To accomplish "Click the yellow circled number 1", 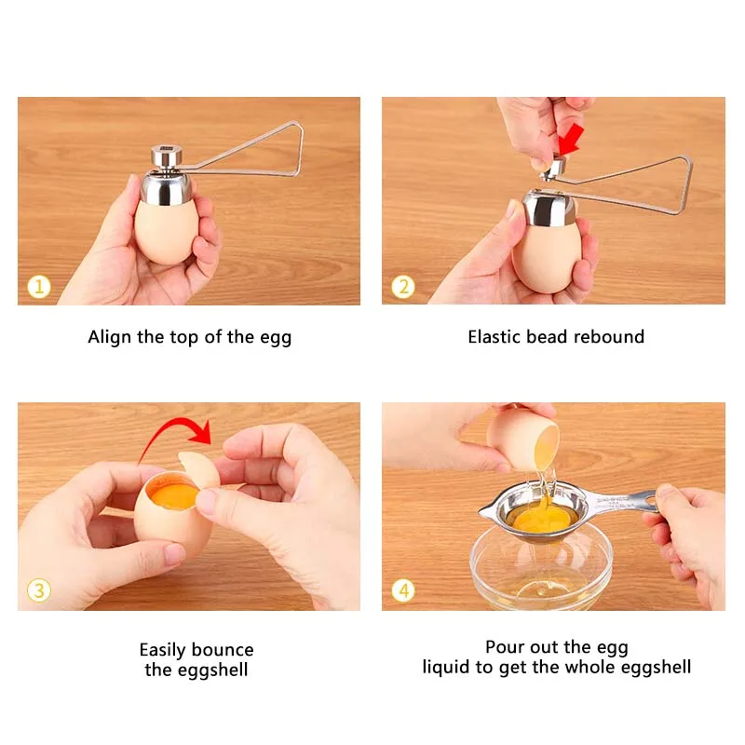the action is (39, 287).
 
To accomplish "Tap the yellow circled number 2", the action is (403, 287).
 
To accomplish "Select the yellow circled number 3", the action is (39, 590).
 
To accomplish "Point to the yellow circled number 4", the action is (403, 590).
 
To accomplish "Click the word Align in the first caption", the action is (110, 338).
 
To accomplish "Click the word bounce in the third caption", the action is (223, 649).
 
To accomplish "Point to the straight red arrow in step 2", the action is (572, 140).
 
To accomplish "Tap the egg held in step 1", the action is (167, 232).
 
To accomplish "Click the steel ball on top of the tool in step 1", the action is (167, 156).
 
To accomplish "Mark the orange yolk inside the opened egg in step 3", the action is (174, 496).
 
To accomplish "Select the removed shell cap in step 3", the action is (198, 470).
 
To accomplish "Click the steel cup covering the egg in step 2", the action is (549, 209).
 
